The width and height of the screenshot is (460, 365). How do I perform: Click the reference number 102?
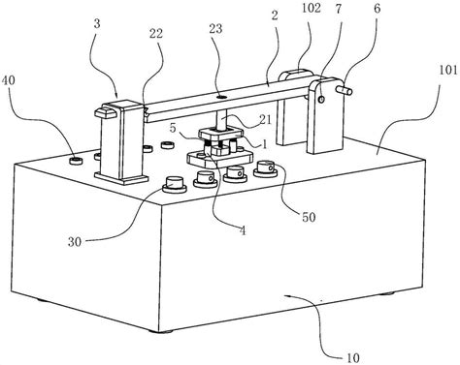click(x=312, y=8)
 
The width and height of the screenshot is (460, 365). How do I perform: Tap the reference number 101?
click(x=447, y=70)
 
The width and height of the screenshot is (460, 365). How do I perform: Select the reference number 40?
click(x=9, y=80)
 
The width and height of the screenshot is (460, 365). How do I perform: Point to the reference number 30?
click(x=75, y=242)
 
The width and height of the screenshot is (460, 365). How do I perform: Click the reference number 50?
click(x=309, y=217)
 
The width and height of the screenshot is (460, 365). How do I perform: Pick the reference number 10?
click(x=352, y=357)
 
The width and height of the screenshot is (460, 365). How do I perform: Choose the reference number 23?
click(x=215, y=29)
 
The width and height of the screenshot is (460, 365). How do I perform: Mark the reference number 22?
click(x=156, y=34)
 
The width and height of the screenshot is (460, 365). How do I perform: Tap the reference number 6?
click(x=378, y=9)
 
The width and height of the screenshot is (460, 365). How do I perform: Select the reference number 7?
click(x=339, y=9)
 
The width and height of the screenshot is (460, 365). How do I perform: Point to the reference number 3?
click(x=98, y=24)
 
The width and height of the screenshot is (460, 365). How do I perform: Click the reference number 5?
click(x=173, y=128)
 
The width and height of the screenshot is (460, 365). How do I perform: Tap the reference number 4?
click(x=243, y=230)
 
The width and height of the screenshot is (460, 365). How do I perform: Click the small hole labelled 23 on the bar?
click(x=221, y=96)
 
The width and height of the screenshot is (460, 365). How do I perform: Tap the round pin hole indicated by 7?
click(x=321, y=100)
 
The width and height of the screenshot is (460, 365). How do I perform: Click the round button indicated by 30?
click(x=174, y=184)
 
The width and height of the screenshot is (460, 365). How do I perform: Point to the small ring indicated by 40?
click(x=77, y=161)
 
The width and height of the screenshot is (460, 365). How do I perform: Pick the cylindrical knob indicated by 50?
click(x=265, y=168)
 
